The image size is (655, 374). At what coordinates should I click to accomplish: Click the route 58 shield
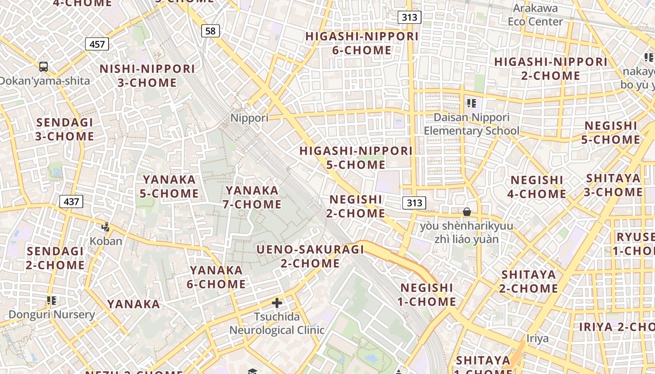(x=211, y=31)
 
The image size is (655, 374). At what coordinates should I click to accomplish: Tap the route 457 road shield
(x=97, y=44)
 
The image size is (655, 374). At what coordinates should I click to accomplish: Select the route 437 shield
(x=71, y=201)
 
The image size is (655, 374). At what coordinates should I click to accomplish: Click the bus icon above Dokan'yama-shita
(x=44, y=67)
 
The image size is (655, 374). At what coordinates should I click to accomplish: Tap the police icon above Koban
(x=105, y=227)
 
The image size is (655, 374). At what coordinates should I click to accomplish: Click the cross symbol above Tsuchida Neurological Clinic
(x=277, y=303)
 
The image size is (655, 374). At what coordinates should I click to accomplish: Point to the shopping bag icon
(x=466, y=212)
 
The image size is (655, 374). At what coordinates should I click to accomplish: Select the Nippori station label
(x=249, y=118)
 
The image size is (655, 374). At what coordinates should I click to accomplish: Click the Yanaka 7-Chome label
(x=253, y=197)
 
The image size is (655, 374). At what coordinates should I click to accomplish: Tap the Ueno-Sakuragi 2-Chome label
(x=310, y=256)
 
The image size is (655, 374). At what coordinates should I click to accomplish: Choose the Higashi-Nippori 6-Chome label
(x=362, y=43)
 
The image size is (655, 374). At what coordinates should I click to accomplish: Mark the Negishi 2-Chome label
(x=357, y=206)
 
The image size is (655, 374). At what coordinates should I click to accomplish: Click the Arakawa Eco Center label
(x=535, y=15)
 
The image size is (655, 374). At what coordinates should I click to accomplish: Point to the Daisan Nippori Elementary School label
(x=471, y=124)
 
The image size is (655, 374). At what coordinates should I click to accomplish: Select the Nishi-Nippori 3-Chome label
(x=147, y=76)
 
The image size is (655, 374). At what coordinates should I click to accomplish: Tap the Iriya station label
(x=537, y=338)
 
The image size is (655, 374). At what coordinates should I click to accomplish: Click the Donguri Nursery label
(x=51, y=314)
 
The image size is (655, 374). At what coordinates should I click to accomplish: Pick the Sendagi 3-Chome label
(x=65, y=129)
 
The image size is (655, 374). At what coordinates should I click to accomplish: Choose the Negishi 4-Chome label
(x=537, y=187)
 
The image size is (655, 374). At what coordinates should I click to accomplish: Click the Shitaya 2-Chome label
(x=528, y=281)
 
